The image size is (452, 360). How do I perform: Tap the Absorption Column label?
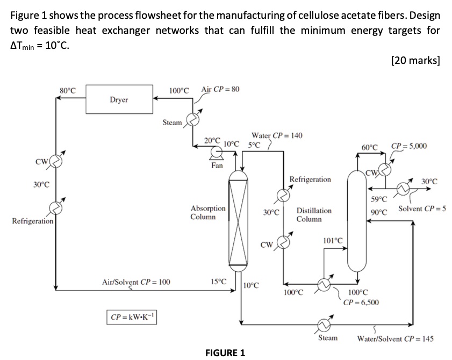point(208,212)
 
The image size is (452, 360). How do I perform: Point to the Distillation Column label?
point(314,215)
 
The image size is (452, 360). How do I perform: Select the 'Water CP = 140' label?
point(276,135)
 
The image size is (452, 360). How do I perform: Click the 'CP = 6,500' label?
point(361,302)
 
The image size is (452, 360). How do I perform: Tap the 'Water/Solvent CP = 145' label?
point(396,339)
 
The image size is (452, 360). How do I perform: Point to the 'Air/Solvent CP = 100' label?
point(136,281)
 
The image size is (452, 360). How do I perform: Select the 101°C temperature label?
point(333,240)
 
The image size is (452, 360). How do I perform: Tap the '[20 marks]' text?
point(416,60)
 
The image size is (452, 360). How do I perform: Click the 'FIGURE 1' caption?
point(225,353)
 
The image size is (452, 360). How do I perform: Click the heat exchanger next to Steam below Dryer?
point(192,119)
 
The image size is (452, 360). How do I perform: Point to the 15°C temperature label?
point(219,281)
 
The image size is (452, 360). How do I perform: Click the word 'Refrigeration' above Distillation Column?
point(310,179)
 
